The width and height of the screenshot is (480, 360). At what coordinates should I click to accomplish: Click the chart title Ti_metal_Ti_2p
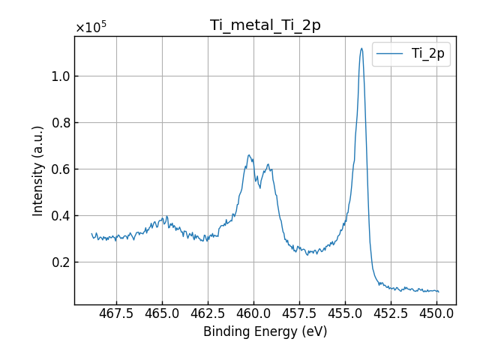[x=265, y=25]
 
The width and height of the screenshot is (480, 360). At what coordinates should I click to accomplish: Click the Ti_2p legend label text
[x=427, y=53]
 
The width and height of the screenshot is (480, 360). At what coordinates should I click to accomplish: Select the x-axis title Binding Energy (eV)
[x=265, y=331]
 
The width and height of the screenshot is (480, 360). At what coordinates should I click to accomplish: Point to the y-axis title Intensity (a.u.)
[x=38, y=170]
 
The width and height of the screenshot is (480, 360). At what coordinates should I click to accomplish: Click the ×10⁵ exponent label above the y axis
[x=91, y=28]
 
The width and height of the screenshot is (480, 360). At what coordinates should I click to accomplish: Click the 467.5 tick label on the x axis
[x=116, y=313]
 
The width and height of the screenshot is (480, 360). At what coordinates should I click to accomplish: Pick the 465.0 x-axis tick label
[x=162, y=313]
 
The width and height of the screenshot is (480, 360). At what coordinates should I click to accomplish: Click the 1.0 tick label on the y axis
[x=61, y=76]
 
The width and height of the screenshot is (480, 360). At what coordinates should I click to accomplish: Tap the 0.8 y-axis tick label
[x=61, y=123]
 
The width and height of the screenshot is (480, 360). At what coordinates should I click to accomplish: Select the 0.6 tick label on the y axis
[x=61, y=169]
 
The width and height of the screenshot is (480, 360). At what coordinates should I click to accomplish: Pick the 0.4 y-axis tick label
[x=61, y=216]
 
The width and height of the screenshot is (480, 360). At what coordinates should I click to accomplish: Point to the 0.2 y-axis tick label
[x=61, y=262]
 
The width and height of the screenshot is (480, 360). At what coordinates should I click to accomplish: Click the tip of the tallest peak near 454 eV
[x=361, y=49]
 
